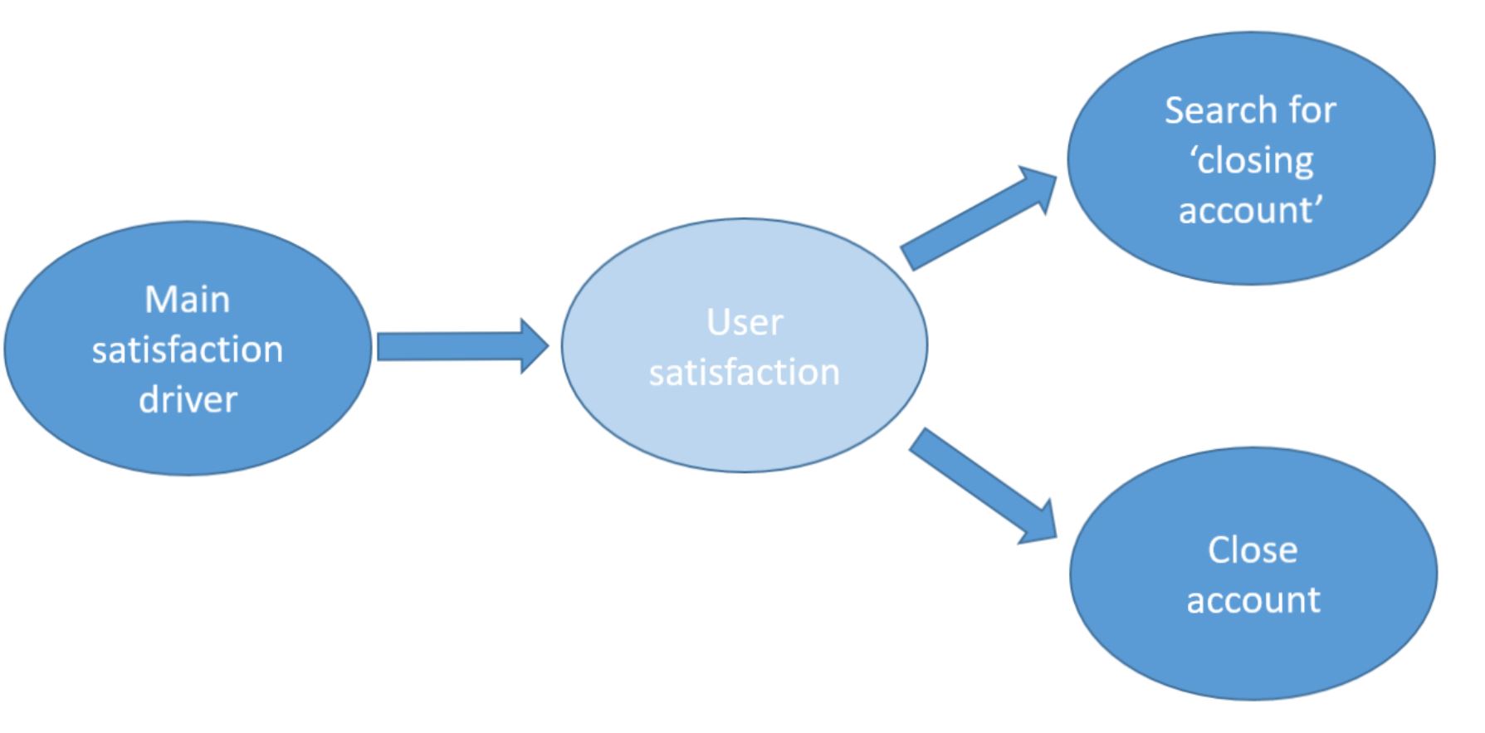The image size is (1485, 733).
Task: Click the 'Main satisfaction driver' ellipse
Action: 188,349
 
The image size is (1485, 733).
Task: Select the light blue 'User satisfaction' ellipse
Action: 745,345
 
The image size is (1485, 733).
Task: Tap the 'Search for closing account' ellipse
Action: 1251,159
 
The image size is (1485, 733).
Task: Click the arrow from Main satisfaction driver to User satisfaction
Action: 462,346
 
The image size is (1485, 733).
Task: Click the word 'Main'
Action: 188,300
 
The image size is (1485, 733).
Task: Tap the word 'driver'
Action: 188,399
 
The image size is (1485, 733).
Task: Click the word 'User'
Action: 745,322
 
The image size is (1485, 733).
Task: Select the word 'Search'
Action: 1220,110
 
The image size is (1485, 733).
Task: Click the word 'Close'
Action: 1253,550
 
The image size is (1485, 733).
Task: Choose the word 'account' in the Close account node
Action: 1253,600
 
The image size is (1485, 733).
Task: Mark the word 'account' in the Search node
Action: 1248,210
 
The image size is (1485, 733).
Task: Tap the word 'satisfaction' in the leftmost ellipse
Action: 188,349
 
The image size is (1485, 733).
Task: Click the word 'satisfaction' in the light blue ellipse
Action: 745,372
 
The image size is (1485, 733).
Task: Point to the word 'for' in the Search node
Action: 1312,110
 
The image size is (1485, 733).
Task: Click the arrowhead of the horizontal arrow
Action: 535,346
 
